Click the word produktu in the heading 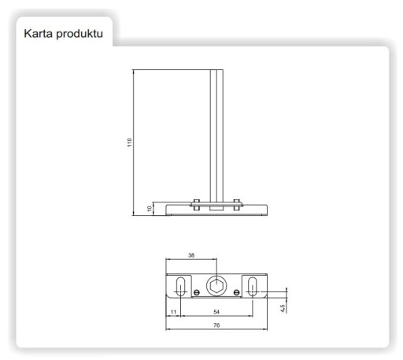[x=79, y=35]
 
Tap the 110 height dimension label [x=129, y=143]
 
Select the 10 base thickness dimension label [x=150, y=209]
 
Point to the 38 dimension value [x=191, y=255]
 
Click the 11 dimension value [x=173, y=312]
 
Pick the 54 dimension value [x=216, y=312]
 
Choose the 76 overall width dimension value [x=216, y=325]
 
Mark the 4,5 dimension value [x=283, y=308]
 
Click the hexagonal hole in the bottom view [x=216, y=286]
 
